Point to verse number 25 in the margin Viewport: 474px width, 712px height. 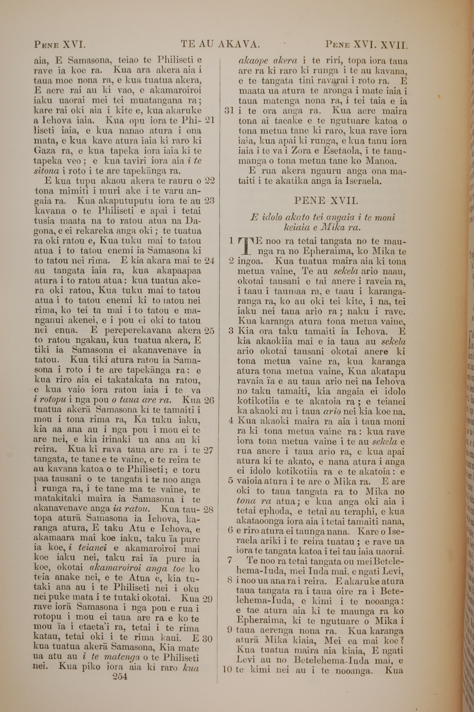pyautogui.click(x=209, y=331)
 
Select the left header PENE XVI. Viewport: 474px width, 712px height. pyautogui.click(x=60, y=45)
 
